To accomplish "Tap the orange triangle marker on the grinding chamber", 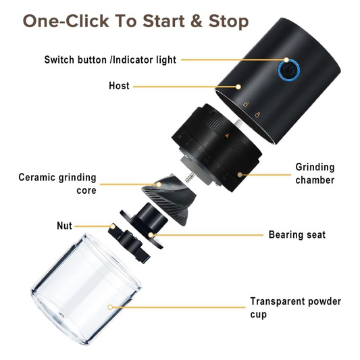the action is click(x=227, y=136).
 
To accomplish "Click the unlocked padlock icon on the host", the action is click(x=246, y=105).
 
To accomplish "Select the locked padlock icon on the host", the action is click(x=258, y=114).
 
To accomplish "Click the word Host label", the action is click(x=119, y=86).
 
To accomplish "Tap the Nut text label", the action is click(x=65, y=226).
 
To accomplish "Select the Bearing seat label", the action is click(x=297, y=234).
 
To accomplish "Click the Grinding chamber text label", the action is click(x=315, y=174).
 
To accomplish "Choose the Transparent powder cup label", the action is click(x=296, y=307).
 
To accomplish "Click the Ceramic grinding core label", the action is click(x=57, y=184).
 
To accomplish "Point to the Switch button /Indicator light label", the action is click(x=110, y=60).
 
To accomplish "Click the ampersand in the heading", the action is click(x=197, y=21).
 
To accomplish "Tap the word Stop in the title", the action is click(x=228, y=22).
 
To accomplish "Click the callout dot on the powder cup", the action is click(x=110, y=307).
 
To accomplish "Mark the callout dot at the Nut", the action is click(x=113, y=226).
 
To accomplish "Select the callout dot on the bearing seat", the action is click(x=151, y=235).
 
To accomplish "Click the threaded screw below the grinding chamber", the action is click(x=190, y=177).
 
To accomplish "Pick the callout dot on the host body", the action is click(x=238, y=86).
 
